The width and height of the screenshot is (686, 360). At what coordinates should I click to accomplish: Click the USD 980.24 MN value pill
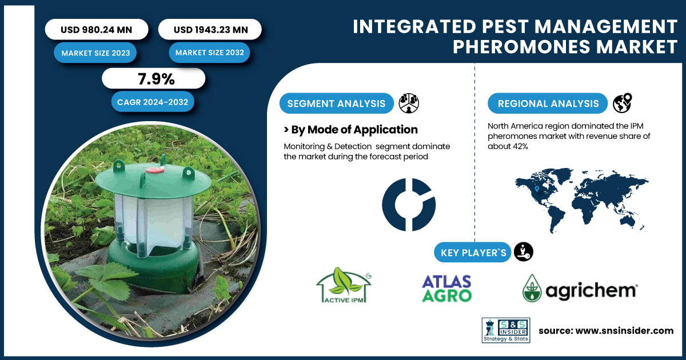coord(97,29)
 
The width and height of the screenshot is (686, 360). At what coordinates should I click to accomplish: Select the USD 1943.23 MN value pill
coord(210,29)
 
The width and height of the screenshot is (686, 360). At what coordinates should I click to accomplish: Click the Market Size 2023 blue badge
coord(95,53)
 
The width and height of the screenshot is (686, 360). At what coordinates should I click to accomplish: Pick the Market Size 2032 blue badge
coord(209,53)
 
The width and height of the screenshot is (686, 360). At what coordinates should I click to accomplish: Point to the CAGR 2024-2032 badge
coord(153,102)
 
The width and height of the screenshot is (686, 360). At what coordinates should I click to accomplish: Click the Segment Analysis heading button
coord(336,103)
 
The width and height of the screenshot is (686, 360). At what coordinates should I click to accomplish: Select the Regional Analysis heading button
coord(548,103)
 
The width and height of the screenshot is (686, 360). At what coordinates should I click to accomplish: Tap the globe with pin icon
coord(623,103)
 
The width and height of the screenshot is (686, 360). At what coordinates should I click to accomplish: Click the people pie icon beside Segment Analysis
coord(409,103)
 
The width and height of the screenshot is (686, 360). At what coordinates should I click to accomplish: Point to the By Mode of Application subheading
coord(350,130)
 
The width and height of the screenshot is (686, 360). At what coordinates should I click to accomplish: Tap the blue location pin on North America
coord(537,189)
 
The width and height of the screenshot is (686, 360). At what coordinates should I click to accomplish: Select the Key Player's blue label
coord(473,253)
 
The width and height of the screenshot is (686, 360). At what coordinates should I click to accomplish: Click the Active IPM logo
coord(344,285)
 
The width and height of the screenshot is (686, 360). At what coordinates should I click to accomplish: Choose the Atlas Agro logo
coord(446,289)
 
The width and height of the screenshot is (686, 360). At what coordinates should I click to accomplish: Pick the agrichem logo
coord(580,288)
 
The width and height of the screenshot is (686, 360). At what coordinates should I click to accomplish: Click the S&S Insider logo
coord(506,330)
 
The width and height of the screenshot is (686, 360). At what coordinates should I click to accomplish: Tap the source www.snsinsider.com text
coord(606,331)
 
